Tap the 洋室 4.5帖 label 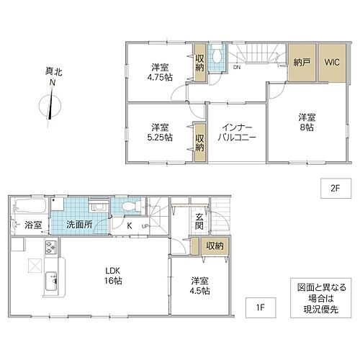pyautogui.click(x=201, y=285)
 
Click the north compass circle pyautogui.click(x=51, y=109)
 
